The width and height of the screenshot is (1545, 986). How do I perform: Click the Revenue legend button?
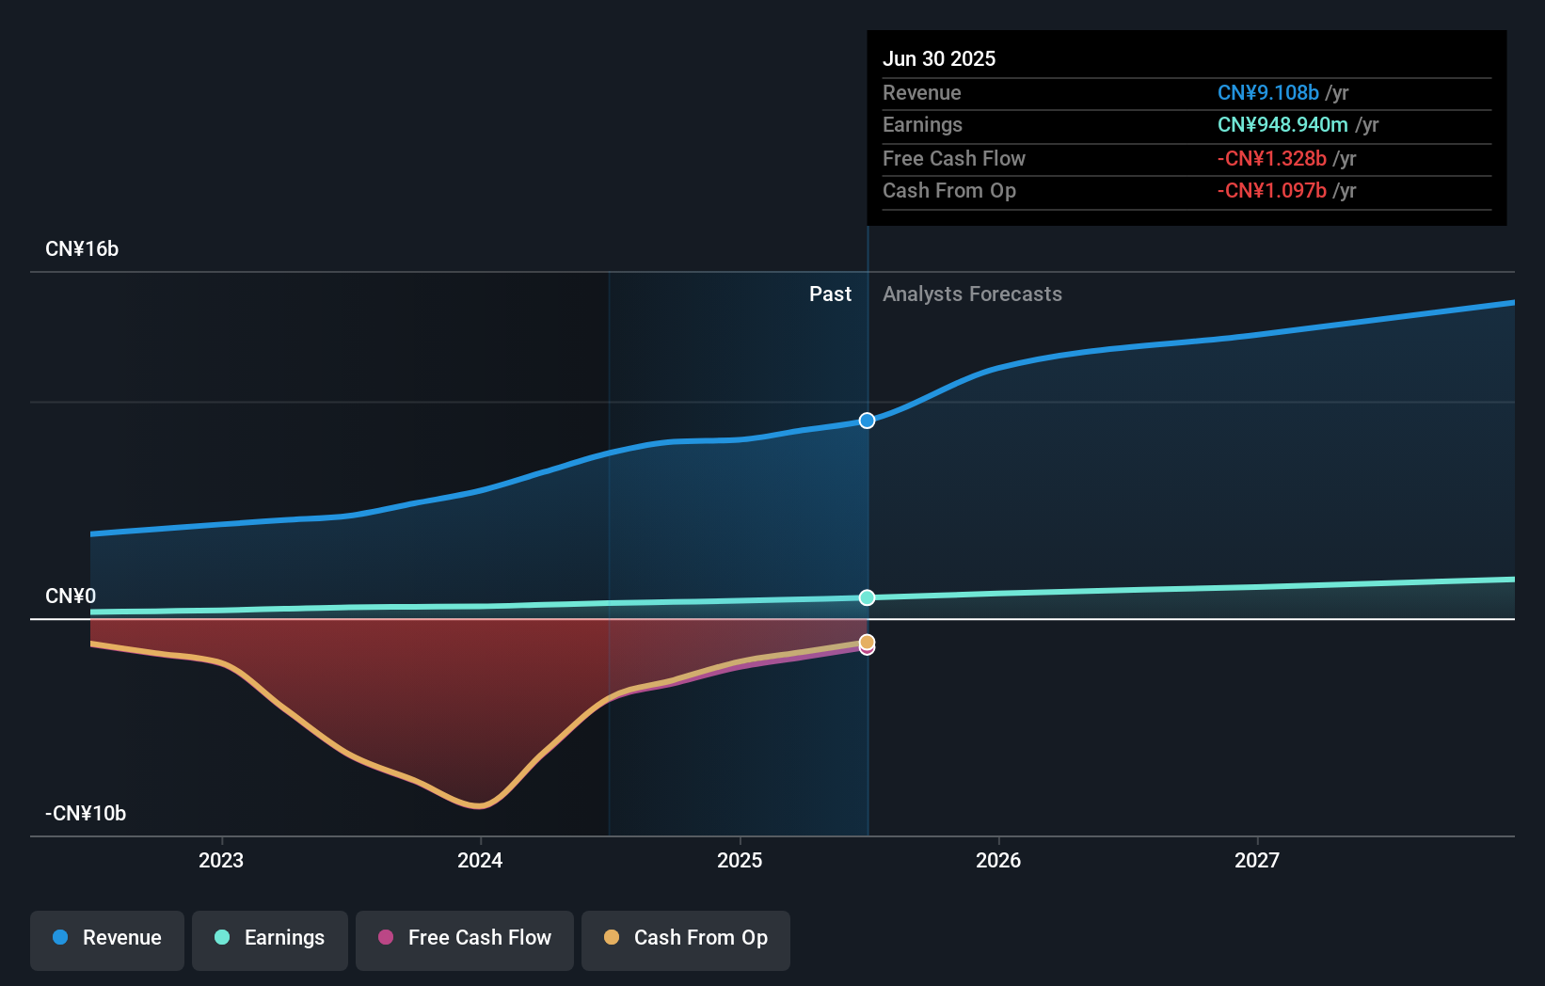[107, 938]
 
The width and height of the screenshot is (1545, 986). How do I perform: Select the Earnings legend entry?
[270, 938]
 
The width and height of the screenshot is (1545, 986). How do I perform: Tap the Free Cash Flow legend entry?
[465, 938]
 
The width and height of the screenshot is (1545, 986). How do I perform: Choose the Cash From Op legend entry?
[686, 938]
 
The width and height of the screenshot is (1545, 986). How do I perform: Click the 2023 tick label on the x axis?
[221, 860]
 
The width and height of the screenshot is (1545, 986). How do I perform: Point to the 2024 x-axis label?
[480, 860]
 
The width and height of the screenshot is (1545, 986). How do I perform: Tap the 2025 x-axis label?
[740, 860]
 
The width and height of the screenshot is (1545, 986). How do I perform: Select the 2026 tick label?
[998, 860]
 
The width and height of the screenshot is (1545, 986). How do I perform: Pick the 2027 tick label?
[1257, 860]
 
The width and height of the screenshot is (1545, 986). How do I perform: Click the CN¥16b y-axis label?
[82, 249]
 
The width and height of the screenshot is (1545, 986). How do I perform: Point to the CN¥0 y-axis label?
[71, 596]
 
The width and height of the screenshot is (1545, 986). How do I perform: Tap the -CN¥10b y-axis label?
[86, 814]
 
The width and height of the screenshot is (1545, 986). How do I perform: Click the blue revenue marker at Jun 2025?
[867, 421]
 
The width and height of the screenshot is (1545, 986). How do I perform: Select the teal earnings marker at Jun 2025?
[867, 597]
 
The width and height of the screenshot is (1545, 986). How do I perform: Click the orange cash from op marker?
[867, 642]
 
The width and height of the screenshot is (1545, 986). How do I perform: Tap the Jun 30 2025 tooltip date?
[938, 58]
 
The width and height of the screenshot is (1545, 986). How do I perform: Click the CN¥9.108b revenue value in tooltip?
[1267, 92]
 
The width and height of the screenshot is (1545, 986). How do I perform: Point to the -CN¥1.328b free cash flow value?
[1271, 158]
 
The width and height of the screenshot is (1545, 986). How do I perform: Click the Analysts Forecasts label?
[972, 294]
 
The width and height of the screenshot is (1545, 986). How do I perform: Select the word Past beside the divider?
[830, 294]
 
